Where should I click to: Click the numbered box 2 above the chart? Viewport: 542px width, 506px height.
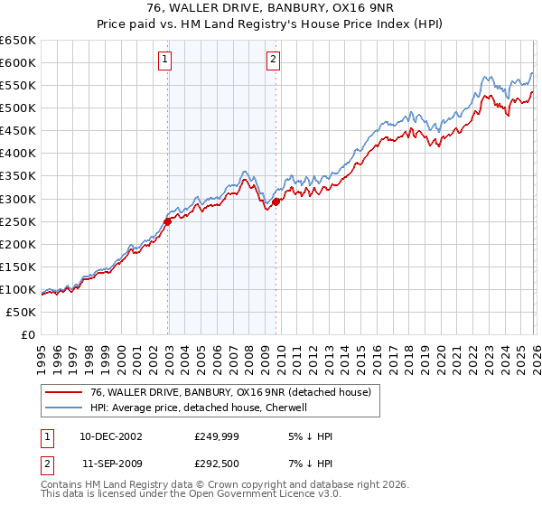click(x=273, y=61)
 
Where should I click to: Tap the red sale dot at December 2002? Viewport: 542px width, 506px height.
click(x=168, y=220)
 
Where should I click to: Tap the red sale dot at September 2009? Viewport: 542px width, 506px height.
click(x=276, y=201)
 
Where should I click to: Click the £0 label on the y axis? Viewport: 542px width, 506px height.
click(x=28, y=334)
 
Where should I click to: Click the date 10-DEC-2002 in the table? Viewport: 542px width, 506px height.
click(x=111, y=436)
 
